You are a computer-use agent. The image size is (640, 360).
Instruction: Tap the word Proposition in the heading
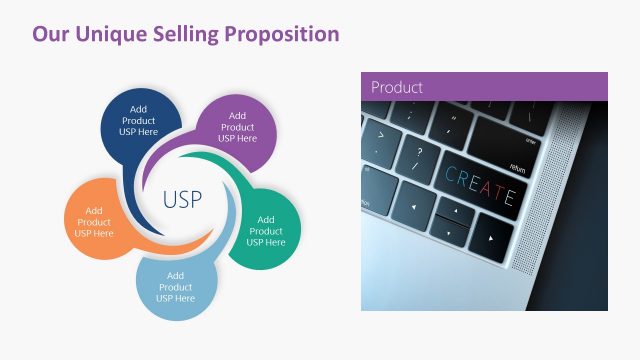[281, 34]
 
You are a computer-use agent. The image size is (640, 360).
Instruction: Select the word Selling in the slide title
[186, 34]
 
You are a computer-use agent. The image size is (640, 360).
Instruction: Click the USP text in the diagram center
[182, 199]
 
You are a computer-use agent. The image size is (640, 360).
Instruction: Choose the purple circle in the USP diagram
[237, 127]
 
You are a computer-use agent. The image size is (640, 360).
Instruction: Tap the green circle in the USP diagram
[266, 230]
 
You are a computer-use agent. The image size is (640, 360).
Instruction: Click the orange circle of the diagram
[94, 221]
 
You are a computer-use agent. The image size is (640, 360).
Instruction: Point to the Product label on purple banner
[397, 87]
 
